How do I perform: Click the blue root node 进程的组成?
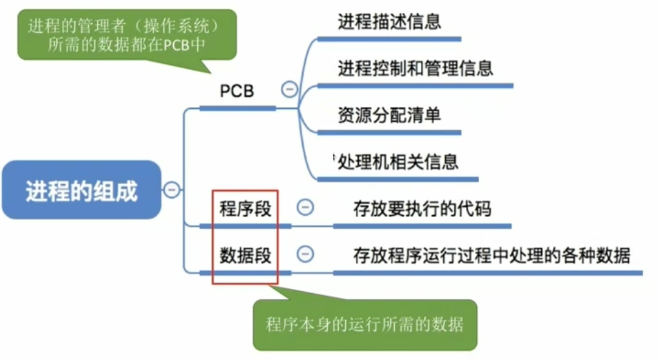point(81,190)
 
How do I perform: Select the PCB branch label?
point(237,91)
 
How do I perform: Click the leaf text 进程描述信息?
point(389,22)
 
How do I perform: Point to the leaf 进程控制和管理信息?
point(415,67)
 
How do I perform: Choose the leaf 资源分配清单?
point(389,115)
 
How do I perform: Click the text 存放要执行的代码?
point(422,209)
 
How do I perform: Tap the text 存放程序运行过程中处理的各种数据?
point(491,255)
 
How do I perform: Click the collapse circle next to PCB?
point(289,90)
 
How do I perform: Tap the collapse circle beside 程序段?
point(305,207)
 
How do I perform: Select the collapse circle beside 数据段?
point(305,254)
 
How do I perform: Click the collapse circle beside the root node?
point(172,190)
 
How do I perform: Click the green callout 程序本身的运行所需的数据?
point(364,324)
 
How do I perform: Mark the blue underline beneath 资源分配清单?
point(389,132)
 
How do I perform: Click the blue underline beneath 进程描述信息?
point(389,38)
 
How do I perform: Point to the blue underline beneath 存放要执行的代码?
point(422,226)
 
